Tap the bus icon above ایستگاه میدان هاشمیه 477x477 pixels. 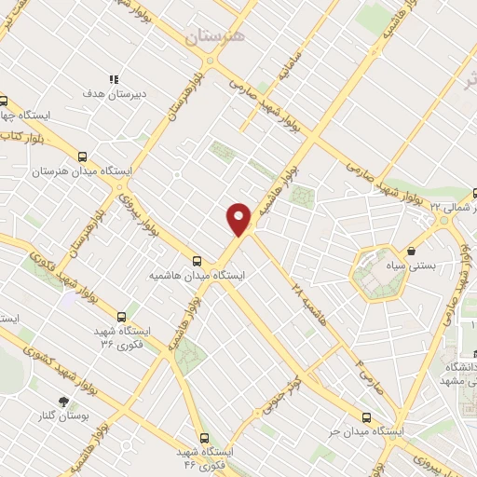click(197, 262)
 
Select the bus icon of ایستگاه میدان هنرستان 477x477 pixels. click(84, 157)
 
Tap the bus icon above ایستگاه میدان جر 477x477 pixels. click(365, 418)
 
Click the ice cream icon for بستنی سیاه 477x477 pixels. click(411, 252)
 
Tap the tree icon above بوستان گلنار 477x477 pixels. click(63, 402)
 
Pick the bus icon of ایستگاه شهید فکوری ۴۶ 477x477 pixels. click(204, 438)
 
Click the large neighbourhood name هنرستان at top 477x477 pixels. click(213, 36)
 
